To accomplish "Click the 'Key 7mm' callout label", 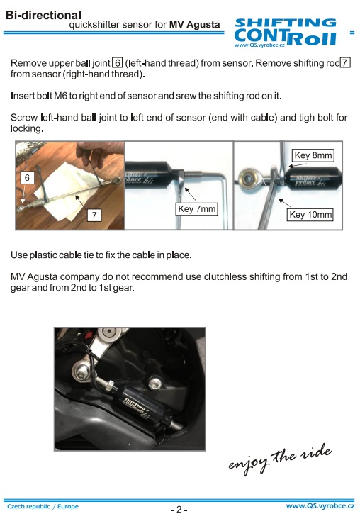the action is tap(196, 209).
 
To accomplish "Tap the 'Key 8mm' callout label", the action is tap(313, 155).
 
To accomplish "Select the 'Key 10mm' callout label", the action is tap(310, 215).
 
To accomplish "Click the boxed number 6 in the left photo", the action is tap(27, 178).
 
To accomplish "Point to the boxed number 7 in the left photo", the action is tap(94, 215).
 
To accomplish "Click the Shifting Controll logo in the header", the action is tap(286, 33).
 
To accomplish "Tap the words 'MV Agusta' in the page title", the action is tap(195, 25).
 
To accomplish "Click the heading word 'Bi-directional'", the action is tap(43, 15).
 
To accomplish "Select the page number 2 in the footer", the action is tap(179, 509).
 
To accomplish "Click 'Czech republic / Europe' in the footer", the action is tap(43, 506).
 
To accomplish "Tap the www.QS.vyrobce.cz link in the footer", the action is tap(320, 506).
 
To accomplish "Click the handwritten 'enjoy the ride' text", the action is tap(280, 459).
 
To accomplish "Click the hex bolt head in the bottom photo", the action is tap(81, 371).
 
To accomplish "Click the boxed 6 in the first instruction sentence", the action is tap(117, 62).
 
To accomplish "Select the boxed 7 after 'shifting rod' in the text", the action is tap(345, 62).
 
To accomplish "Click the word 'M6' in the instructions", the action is tap(61, 96).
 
